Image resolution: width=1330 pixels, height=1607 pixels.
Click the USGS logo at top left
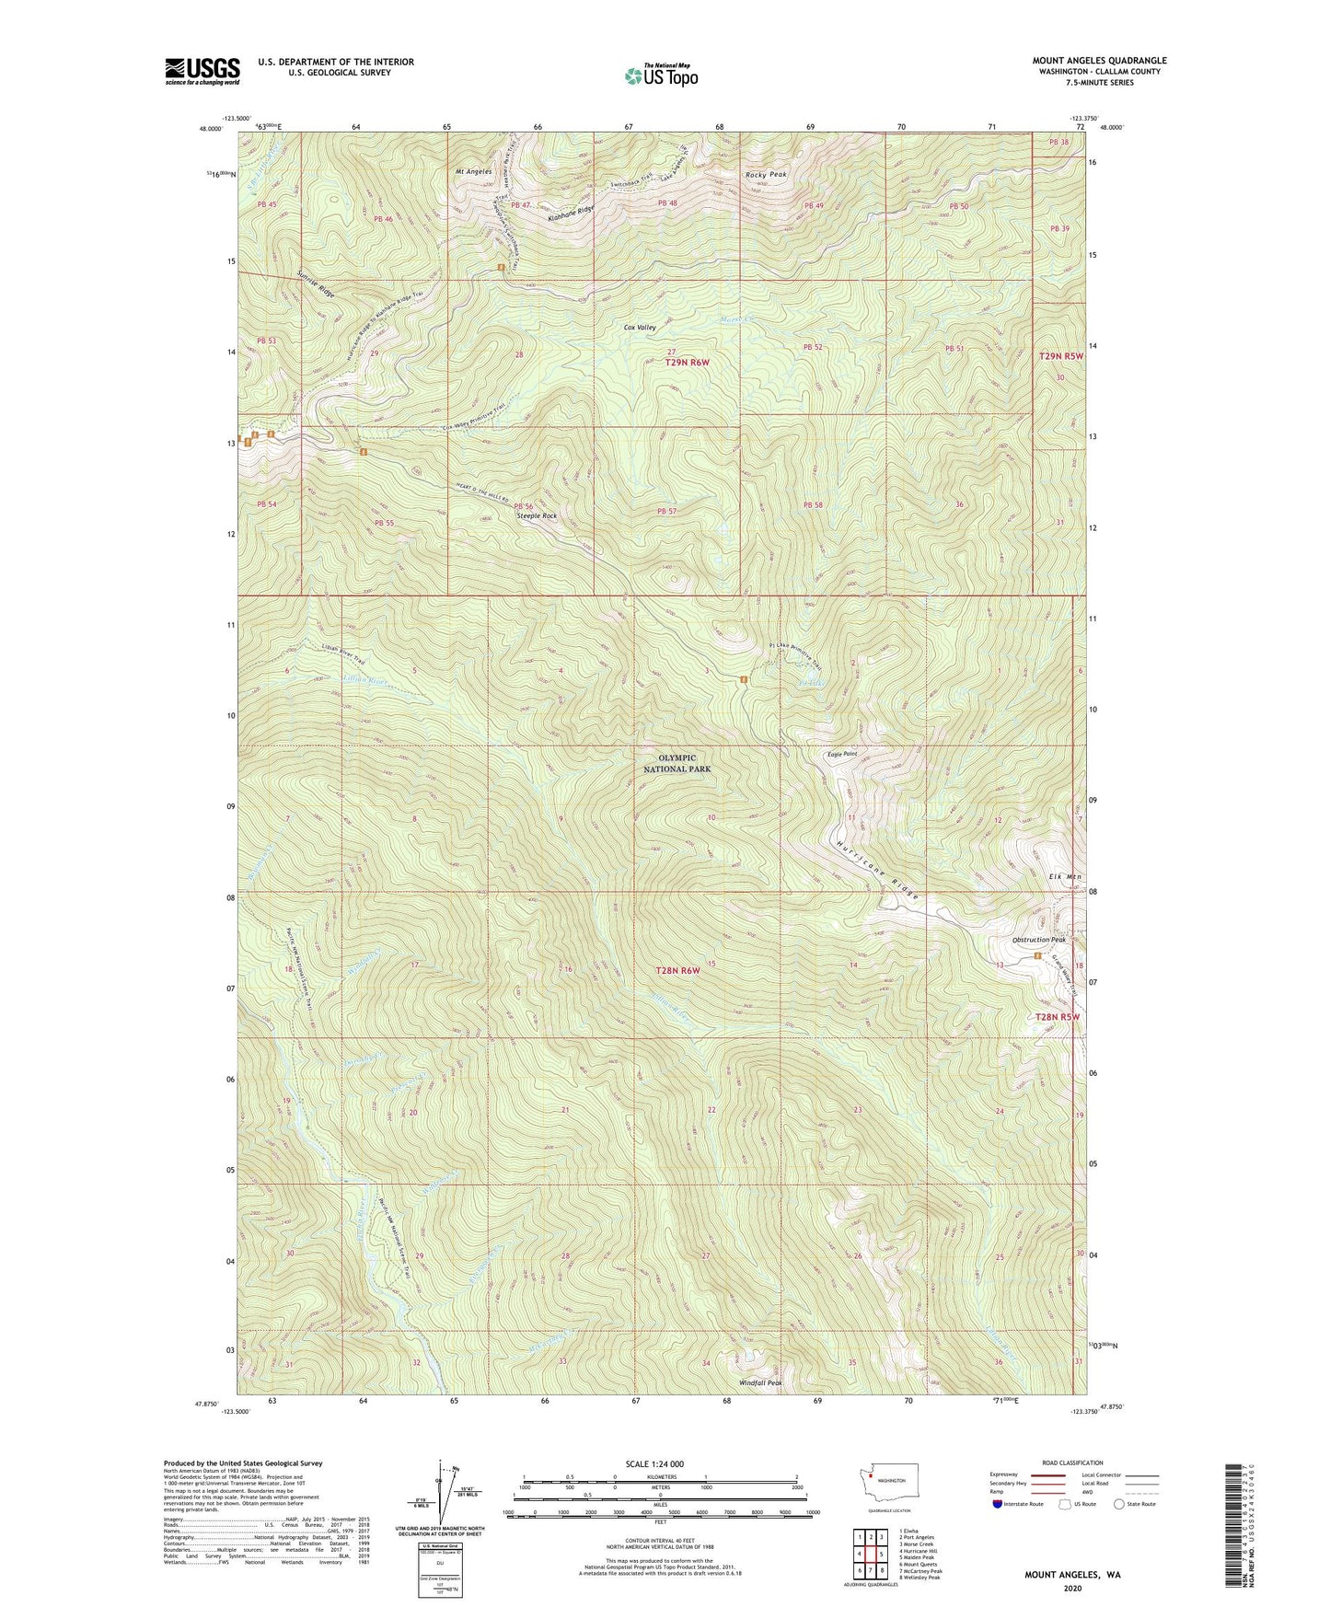pos(202,71)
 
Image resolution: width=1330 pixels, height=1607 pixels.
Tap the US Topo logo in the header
pos(660,75)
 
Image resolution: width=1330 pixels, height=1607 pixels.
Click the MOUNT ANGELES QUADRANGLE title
pos(1098,61)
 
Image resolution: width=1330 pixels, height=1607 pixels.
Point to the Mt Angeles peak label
pos(473,171)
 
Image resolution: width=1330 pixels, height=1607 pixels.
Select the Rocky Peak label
pos(766,175)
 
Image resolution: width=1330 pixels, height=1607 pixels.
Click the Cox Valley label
pos(640,328)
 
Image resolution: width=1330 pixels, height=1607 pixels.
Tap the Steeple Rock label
pos(537,516)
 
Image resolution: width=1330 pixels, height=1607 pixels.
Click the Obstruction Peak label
pos(1038,940)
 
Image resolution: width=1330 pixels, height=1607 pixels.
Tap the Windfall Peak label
pos(760,1382)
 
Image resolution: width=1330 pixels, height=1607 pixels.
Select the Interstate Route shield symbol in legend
pos(999,1504)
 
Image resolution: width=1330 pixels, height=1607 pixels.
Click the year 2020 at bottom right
pos(1071,1588)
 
